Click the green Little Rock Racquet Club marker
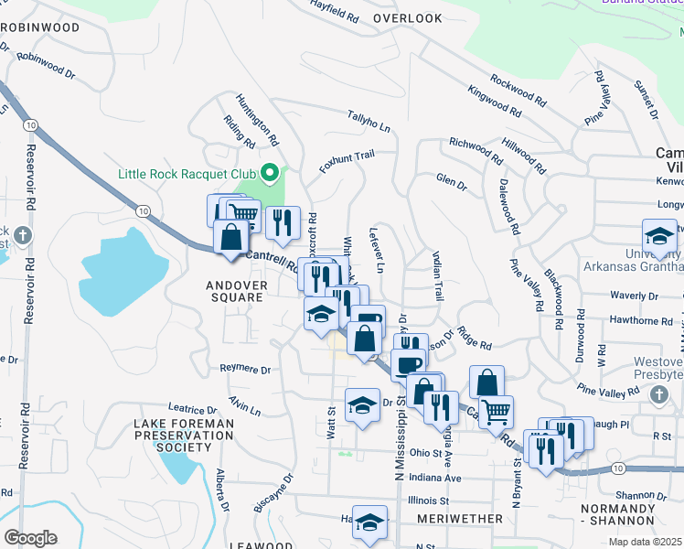269,172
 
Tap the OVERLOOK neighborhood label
408,18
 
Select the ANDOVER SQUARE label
237,291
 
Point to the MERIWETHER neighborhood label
460,519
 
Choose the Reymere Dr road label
246,370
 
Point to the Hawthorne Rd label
641,321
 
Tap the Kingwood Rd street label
494,101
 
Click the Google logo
30,537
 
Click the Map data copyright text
646,542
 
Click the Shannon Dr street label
639,495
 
